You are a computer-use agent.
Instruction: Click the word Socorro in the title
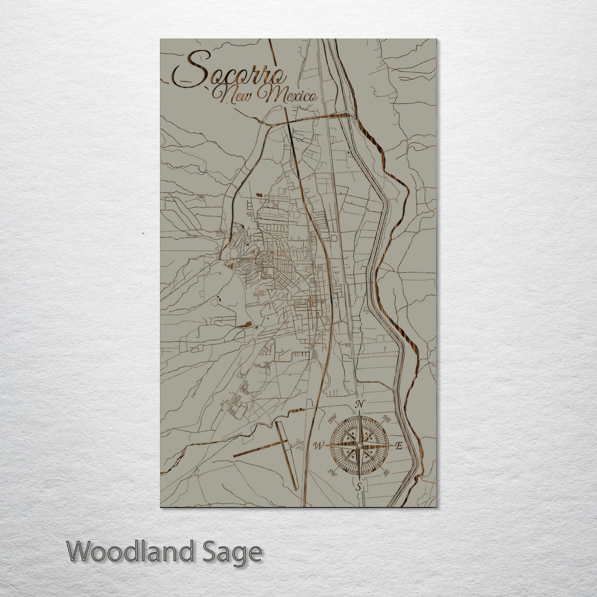(x=229, y=71)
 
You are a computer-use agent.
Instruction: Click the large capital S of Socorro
(x=191, y=70)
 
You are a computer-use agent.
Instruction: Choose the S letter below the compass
(x=359, y=487)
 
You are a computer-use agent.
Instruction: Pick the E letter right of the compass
(x=400, y=446)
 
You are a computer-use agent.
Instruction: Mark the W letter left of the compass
(x=319, y=446)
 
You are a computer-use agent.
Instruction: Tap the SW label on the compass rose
(x=333, y=472)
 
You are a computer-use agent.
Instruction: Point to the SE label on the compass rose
(x=386, y=471)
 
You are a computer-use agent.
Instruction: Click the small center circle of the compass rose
(x=359, y=445)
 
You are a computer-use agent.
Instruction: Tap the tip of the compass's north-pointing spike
(x=359, y=412)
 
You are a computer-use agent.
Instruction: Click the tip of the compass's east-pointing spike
(x=393, y=445)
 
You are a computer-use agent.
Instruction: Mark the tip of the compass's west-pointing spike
(x=326, y=445)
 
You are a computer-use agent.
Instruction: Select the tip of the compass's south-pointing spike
(x=359, y=479)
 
